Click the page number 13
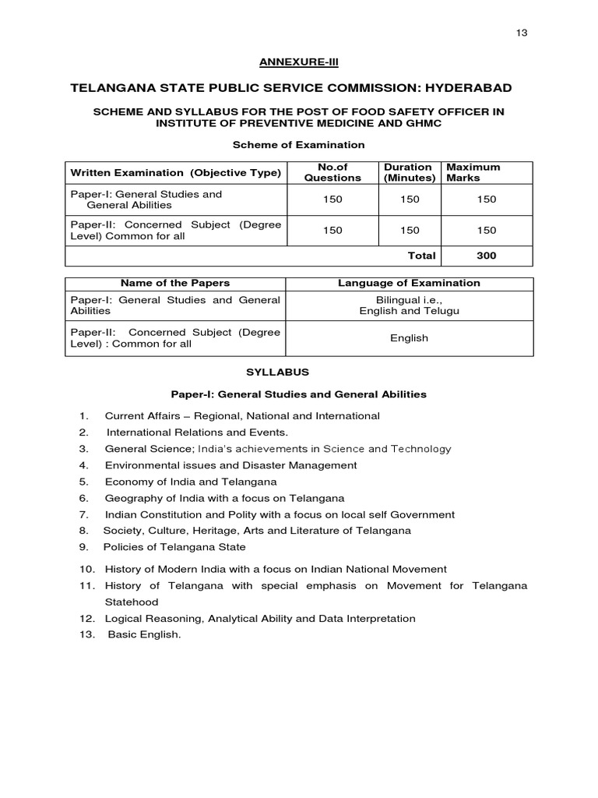[x=521, y=33]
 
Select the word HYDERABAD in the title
[x=464, y=87]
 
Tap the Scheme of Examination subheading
[x=299, y=144]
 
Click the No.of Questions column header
[x=332, y=172]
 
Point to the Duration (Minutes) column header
[x=409, y=172]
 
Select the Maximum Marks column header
[x=473, y=172]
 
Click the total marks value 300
[x=486, y=256]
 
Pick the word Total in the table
[x=421, y=256]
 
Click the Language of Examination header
[x=409, y=283]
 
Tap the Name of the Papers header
[x=175, y=283]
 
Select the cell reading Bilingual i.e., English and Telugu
[x=409, y=305]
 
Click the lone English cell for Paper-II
[x=409, y=338]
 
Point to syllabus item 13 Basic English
[x=144, y=634]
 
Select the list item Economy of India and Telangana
[x=190, y=482]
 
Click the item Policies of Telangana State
[x=175, y=547]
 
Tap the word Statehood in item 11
[x=132, y=602]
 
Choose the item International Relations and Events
[x=197, y=432]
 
